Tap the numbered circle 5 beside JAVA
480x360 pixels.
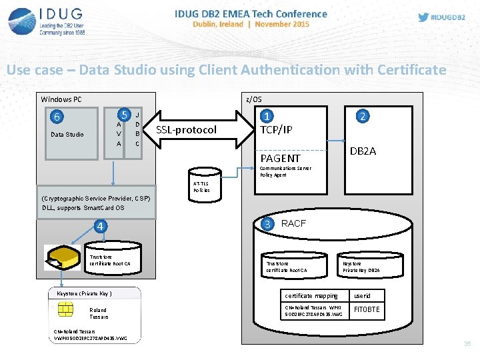(x=123, y=115)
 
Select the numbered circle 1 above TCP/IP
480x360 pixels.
(x=266, y=116)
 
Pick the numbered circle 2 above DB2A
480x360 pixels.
(x=363, y=116)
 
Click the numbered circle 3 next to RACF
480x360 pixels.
(x=267, y=223)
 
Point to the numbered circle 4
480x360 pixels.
(x=99, y=226)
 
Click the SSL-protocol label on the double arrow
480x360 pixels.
(x=186, y=129)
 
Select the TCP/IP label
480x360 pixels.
(x=276, y=130)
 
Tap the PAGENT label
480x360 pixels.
(x=280, y=158)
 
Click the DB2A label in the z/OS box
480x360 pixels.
(x=363, y=151)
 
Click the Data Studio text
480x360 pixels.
(x=67, y=135)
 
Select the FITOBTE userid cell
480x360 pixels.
(x=367, y=309)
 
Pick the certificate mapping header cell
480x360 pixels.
(x=311, y=295)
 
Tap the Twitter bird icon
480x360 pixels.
(x=423, y=17)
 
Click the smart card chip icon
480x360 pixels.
(x=66, y=309)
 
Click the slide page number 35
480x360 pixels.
(x=467, y=344)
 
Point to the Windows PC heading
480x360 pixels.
(x=61, y=99)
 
